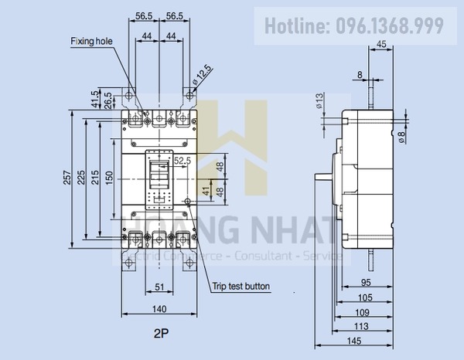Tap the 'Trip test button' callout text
[x=241, y=286]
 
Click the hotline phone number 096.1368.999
[x=390, y=26]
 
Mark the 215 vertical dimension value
[x=94, y=180]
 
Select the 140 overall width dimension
[x=159, y=309]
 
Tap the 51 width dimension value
[x=158, y=286]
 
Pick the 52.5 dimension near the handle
[x=183, y=160]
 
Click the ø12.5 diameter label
[x=202, y=76]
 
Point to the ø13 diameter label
[x=319, y=100]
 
